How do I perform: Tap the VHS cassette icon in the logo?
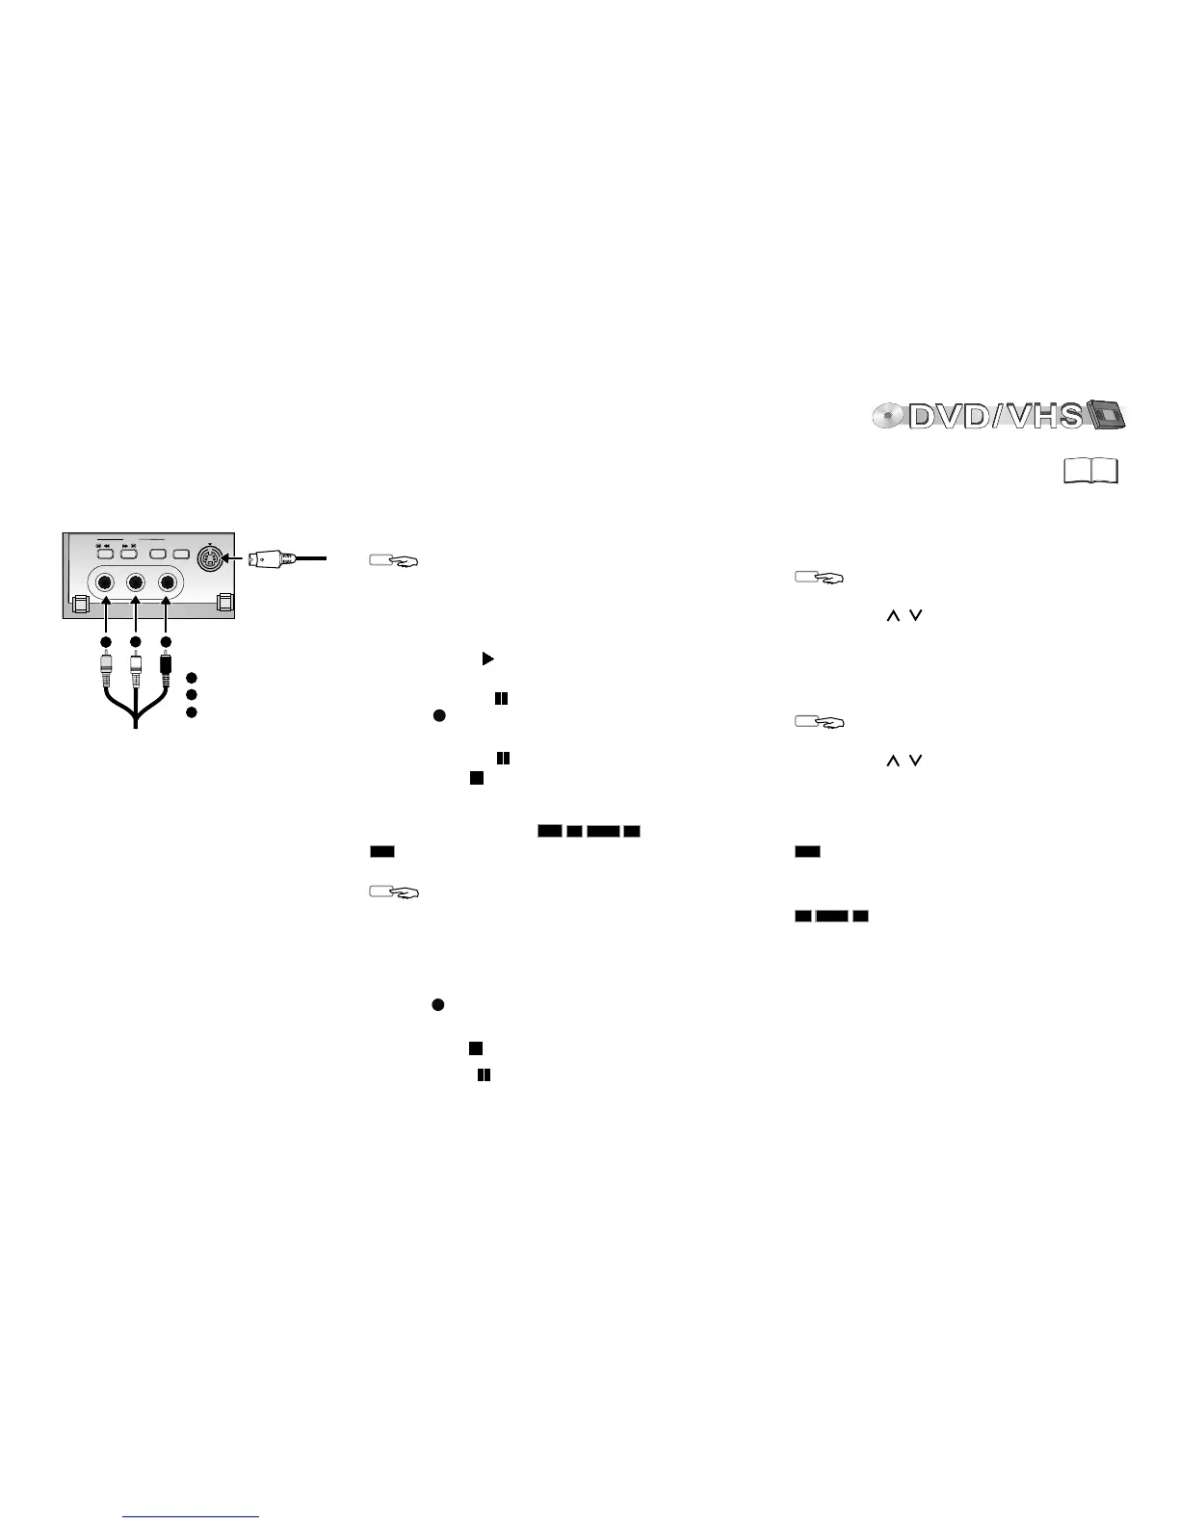coord(1106,415)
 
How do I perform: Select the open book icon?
coord(1091,471)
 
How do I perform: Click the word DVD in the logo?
coord(947,416)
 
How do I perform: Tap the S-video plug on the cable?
coord(274,558)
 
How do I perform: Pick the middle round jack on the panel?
coord(136,583)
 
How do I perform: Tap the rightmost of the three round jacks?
coord(169,583)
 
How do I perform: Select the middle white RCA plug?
coord(136,666)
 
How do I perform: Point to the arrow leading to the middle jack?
coord(136,616)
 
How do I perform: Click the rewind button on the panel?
coord(105,555)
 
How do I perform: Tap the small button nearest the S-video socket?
coord(180,555)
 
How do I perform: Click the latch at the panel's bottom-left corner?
coord(81,605)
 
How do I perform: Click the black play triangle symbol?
coord(487,659)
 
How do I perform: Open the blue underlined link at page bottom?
coord(192,1518)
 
